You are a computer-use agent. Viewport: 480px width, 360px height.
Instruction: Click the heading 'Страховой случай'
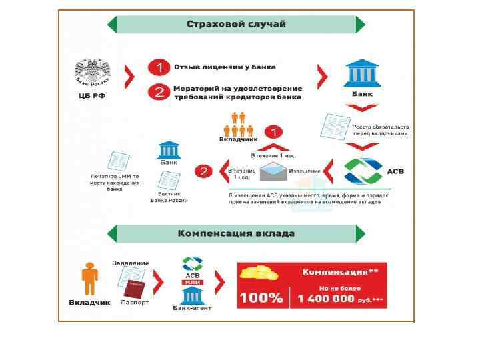coord(236,25)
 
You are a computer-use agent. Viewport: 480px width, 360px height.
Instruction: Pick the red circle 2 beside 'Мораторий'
coord(158,92)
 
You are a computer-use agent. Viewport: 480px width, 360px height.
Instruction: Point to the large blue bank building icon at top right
coord(361,73)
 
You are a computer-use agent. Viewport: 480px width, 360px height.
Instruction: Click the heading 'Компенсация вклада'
coord(236,233)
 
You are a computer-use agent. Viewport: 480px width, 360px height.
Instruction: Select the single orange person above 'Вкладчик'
coord(89,279)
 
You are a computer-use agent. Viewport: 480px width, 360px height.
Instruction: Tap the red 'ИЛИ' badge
coord(192,282)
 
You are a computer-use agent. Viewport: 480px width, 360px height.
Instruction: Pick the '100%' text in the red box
coord(261,297)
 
